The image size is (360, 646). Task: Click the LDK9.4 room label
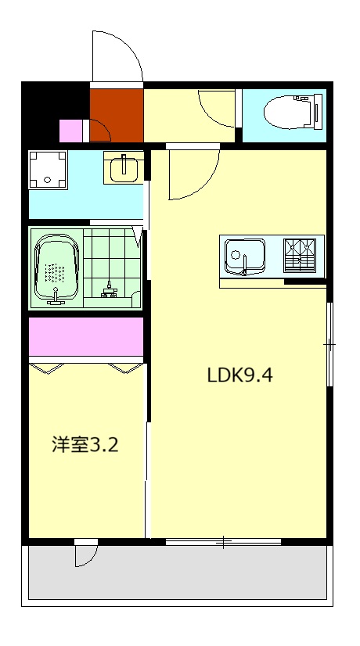point(239,375)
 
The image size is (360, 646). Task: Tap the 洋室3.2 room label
point(85,446)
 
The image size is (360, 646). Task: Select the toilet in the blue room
point(290,110)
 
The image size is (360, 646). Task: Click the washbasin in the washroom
point(124,167)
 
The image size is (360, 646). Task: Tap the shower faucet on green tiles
point(110,291)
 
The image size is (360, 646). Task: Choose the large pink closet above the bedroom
point(86,336)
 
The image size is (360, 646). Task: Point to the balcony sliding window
point(223,541)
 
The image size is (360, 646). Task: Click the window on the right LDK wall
point(329,344)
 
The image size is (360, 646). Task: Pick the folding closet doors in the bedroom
point(86,366)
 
